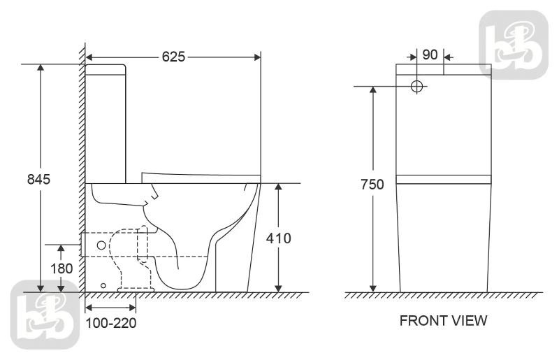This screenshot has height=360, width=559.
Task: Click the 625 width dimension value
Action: [173, 57]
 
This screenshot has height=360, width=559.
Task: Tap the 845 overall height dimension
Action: [39, 179]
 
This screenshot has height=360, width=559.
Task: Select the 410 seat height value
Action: [278, 238]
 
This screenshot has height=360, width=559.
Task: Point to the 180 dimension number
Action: [61, 268]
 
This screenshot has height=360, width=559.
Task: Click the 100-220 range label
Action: [111, 323]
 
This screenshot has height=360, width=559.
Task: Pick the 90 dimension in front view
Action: [430, 55]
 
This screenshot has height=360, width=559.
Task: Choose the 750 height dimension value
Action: [372, 185]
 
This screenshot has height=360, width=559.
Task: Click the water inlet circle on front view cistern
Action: [416, 86]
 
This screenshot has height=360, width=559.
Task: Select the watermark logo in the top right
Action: [514, 44]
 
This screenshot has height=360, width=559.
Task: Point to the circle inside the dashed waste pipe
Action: [101, 245]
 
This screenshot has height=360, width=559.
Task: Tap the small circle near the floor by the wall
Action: [103, 285]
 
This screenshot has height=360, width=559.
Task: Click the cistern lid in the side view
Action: [106, 70]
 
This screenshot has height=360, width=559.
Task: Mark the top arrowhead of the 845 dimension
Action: [41, 68]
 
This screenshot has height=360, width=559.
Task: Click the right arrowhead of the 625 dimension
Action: [257, 57]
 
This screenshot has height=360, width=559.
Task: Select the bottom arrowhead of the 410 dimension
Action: [279, 288]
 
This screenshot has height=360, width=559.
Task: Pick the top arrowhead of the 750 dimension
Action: [373, 90]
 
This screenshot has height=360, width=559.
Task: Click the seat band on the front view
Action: [444, 179]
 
